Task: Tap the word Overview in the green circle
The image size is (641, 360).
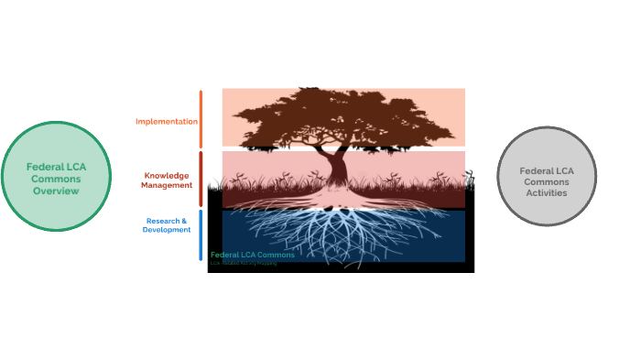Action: (57, 191)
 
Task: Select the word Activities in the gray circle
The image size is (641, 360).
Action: (546, 193)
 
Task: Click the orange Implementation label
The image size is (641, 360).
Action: (167, 121)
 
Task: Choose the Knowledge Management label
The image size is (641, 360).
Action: (167, 180)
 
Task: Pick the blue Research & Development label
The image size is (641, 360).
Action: (167, 225)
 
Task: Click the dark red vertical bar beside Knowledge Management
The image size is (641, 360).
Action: (201, 179)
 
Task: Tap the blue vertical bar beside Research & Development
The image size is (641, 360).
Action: (201, 235)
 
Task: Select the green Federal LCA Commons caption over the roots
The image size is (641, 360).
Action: (253, 255)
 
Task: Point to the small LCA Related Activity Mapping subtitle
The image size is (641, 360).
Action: (244, 263)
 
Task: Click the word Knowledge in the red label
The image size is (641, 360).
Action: (166, 174)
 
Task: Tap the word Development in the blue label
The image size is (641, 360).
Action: (167, 230)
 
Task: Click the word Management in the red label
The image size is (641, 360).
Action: (167, 185)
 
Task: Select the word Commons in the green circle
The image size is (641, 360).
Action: (57, 179)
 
